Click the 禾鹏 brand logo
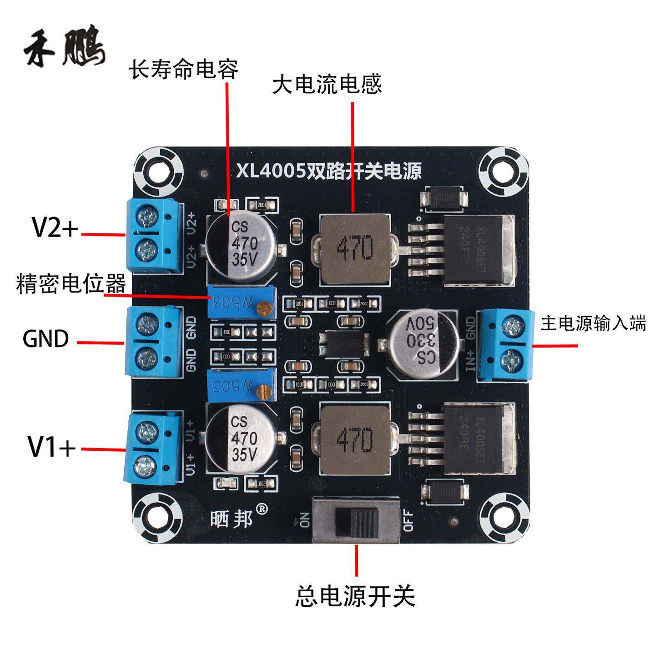[x=65, y=50]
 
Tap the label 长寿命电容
[x=183, y=70]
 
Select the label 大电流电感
[x=327, y=85]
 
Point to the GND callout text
[x=46, y=339]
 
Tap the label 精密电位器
[x=71, y=284]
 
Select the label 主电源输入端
[x=593, y=324]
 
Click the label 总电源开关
[x=355, y=595]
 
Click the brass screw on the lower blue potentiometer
[x=263, y=390]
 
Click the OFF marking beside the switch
[x=408, y=521]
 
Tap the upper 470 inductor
[x=355, y=250]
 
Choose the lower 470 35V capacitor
[x=242, y=438]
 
